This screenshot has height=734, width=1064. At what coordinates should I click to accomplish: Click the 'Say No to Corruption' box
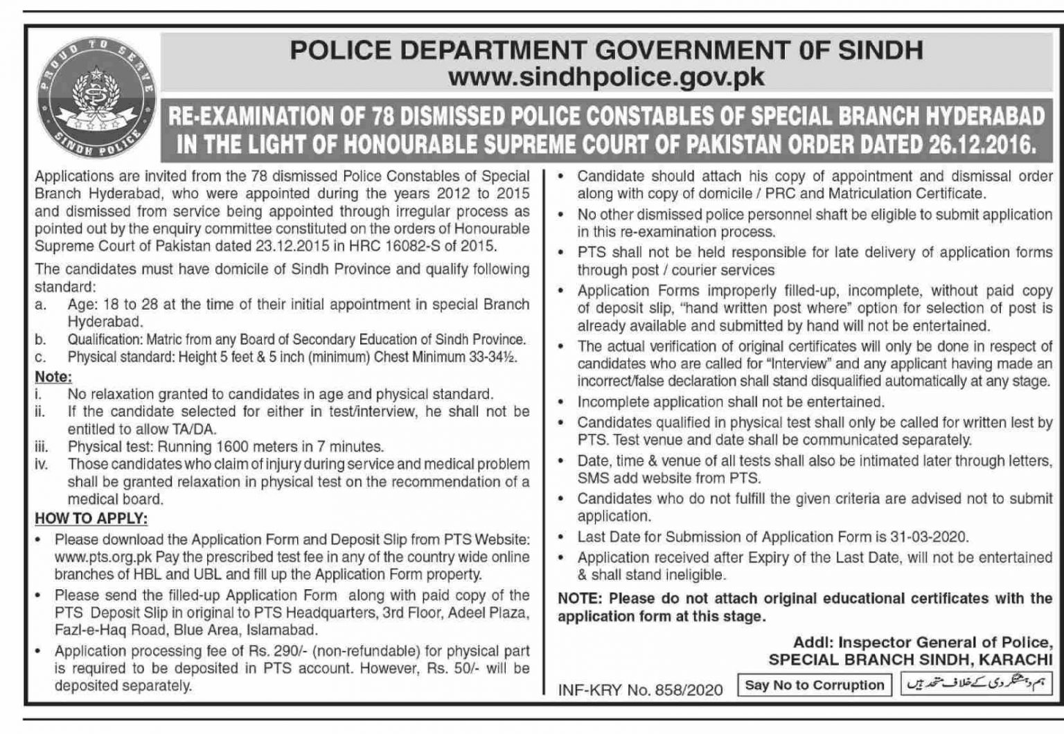814,685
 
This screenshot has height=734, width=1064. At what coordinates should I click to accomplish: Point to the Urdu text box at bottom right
977,685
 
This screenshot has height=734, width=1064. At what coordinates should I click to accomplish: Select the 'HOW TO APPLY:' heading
91,519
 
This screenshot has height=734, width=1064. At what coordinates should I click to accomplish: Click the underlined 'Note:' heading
53,377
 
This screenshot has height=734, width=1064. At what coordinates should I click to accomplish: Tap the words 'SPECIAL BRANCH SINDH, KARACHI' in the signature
910,660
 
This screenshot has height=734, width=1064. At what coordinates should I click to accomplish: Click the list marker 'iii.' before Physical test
42,447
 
